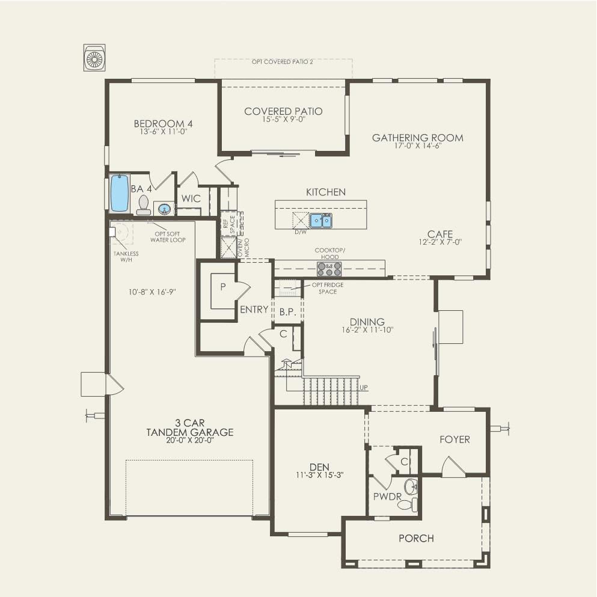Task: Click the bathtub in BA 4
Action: click(120, 193)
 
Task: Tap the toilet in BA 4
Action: click(144, 205)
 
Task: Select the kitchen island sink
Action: click(320, 221)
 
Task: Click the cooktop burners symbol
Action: click(329, 269)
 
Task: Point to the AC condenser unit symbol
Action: click(95, 58)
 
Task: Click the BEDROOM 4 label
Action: click(163, 124)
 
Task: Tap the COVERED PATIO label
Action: click(283, 111)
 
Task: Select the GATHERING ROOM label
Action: click(417, 138)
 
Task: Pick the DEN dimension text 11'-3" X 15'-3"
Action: click(318, 474)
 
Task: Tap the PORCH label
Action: click(416, 538)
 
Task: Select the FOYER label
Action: click(455, 439)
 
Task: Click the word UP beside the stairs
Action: click(364, 388)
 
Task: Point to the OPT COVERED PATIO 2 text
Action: click(283, 62)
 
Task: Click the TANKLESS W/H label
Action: click(126, 256)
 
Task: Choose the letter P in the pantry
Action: click(222, 287)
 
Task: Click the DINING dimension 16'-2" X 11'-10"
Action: click(367, 330)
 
